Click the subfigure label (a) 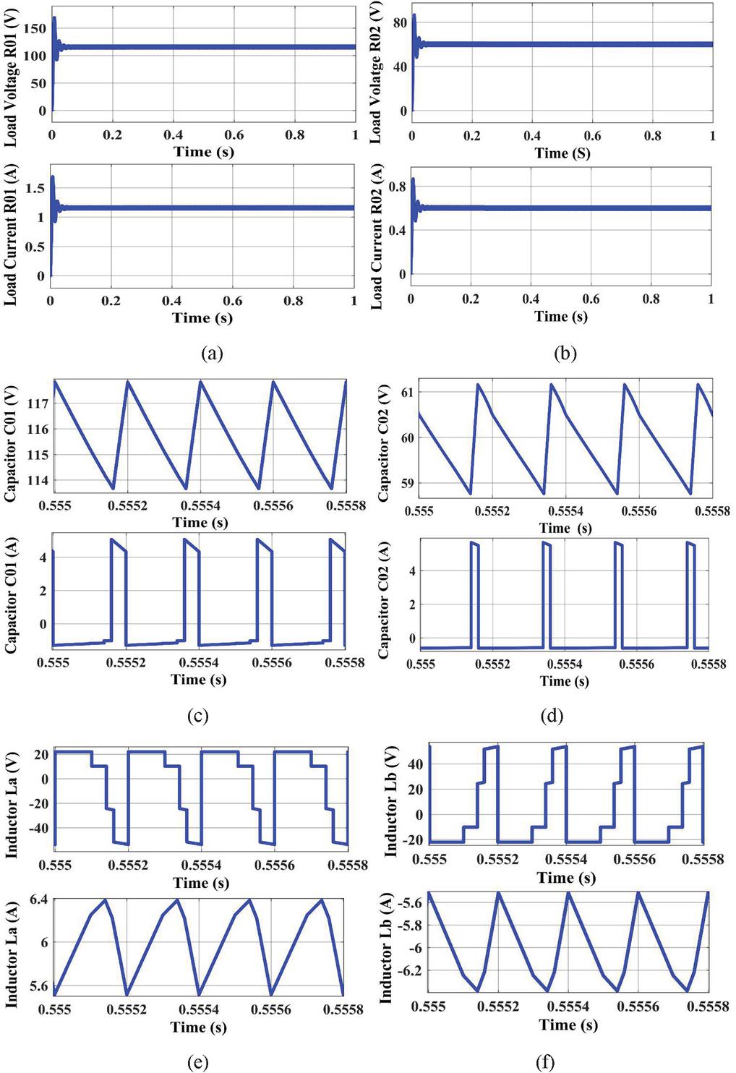coord(211,354)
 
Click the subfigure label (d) coord(552,716)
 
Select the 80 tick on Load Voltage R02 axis coord(399,22)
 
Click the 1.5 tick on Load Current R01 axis coord(36,188)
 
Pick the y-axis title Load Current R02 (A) coord(377,237)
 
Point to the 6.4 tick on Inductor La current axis coord(39,899)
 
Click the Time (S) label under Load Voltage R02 coord(562,153)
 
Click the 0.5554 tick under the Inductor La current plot coord(199,1009)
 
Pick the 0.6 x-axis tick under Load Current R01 coord(232,301)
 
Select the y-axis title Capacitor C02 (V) coord(384,443)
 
